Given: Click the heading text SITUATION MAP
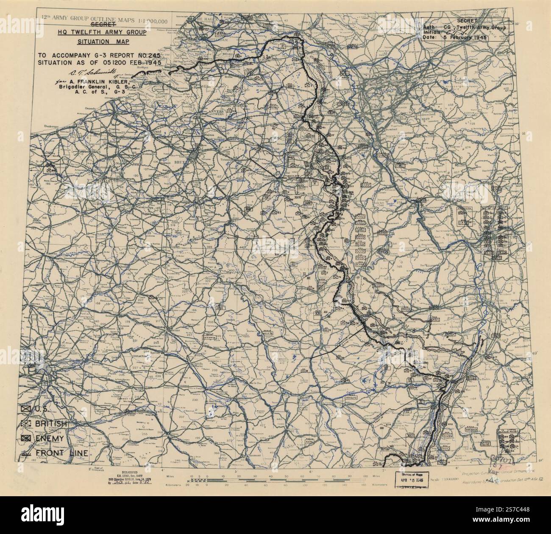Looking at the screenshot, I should (x=100, y=41).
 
